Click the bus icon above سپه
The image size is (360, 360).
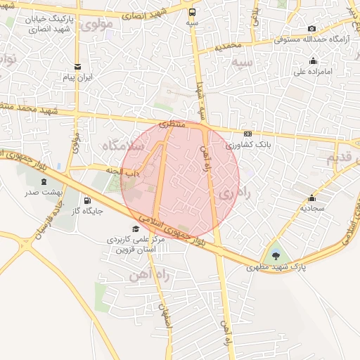point(192,11)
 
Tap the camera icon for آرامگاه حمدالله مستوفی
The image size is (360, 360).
point(311,28)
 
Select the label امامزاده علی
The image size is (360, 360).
point(307,70)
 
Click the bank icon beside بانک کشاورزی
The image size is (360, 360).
point(247,134)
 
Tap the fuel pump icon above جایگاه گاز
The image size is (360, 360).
point(88,200)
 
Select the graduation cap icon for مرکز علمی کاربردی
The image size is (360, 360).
point(136,229)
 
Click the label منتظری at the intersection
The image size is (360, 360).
point(171,124)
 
